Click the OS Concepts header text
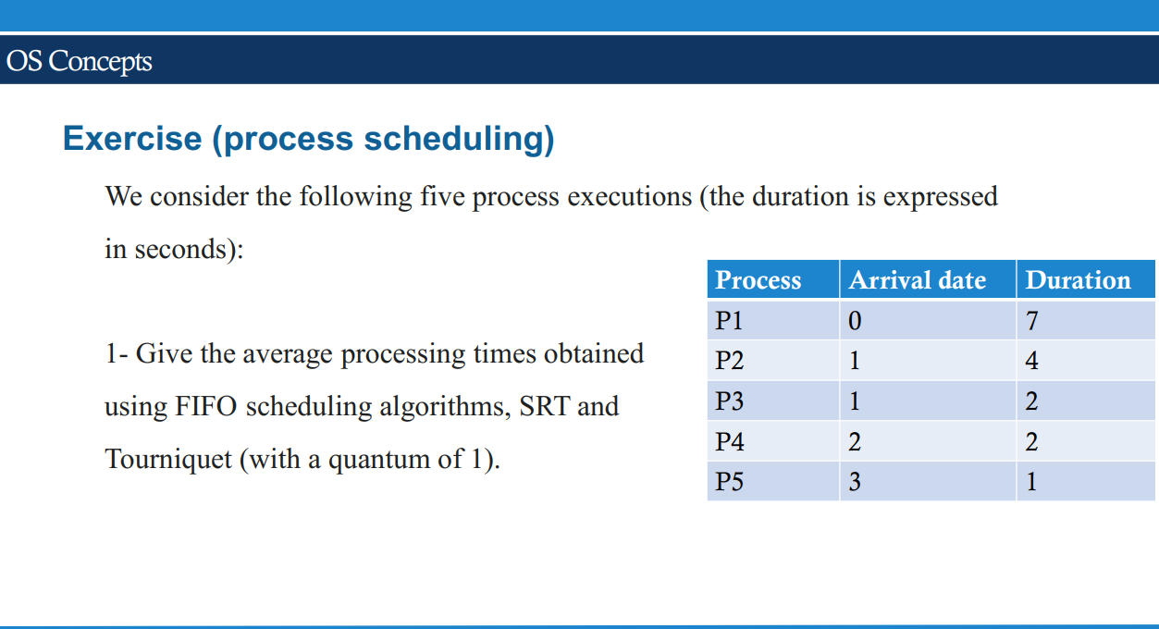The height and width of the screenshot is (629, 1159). pyautogui.click(x=79, y=61)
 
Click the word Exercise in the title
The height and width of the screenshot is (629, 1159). pyautogui.click(x=131, y=139)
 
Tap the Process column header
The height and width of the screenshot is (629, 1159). pyautogui.click(x=758, y=280)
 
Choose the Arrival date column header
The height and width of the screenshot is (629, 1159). pyautogui.click(x=917, y=280)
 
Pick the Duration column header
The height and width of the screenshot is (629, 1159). pyautogui.click(x=1078, y=280)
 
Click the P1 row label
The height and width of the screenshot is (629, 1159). pyautogui.click(x=729, y=321)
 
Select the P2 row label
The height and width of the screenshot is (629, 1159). pyautogui.click(x=729, y=361)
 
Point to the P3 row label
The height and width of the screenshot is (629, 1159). pyautogui.click(x=729, y=401)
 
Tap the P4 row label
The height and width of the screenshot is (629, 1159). pyautogui.click(x=729, y=442)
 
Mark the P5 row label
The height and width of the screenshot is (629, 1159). pyautogui.click(x=729, y=482)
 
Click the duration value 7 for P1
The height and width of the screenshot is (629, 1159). pyautogui.click(x=1032, y=321)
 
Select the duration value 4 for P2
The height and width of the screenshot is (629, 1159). pyautogui.click(x=1032, y=361)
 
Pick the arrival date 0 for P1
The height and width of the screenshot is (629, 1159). pyautogui.click(x=854, y=321)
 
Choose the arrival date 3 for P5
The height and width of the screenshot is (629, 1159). pyautogui.click(x=854, y=482)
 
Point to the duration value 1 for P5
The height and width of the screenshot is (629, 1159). pyautogui.click(x=1032, y=482)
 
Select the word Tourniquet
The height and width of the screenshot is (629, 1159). pyautogui.click(x=168, y=459)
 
